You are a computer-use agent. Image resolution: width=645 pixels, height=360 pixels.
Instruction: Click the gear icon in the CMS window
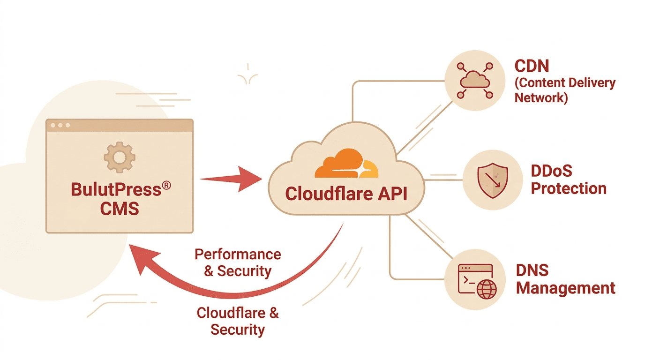(x=119, y=157)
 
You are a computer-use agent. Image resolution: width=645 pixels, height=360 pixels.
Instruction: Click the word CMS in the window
(x=120, y=208)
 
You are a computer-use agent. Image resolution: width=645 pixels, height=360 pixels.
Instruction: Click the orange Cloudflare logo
(x=346, y=164)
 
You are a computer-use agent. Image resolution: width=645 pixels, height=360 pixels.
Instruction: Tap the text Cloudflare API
(x=346, y=194)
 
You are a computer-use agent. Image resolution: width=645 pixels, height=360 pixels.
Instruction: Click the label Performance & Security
(x=238, y=262)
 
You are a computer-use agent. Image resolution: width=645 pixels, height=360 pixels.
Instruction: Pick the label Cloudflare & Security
(x=238, y=321)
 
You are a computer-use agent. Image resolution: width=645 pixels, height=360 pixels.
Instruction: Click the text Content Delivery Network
(x=564, y=90)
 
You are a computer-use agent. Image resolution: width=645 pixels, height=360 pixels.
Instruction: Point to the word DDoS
(x=551, y=171)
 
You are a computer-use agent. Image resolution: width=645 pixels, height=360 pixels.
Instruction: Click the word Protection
(x=569, y=188)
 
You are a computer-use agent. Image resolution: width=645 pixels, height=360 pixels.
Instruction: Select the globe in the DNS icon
(x=486, y=290)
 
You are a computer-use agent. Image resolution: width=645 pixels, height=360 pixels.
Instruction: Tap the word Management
(x=565, y=288)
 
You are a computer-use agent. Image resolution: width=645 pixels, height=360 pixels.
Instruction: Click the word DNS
(x=532, y=270)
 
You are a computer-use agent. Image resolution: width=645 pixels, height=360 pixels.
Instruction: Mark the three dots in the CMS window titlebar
(x=60, y=125)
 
